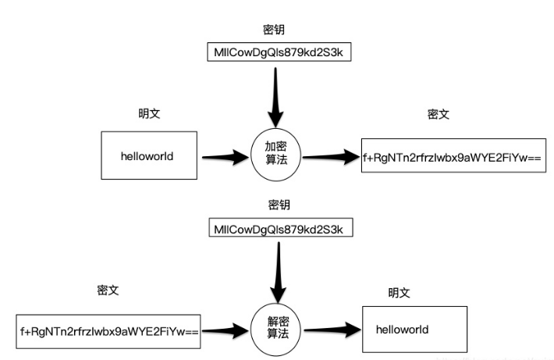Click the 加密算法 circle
pyautogui.click(x=275, y=155)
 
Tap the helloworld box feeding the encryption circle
pyautogui.click(x=147, y=155)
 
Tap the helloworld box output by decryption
pyautogui.click(x=414, y=329)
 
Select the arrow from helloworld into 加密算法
pyautogui.click(x=224, y=157)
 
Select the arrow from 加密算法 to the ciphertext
pyautogui.click(x=329, y=157)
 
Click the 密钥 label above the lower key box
pyautogui.click(x=279, y=205)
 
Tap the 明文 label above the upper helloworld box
pyautogui.click(x=149, y=114)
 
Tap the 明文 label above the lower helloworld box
pyautogui.click(x=399, y=293)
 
